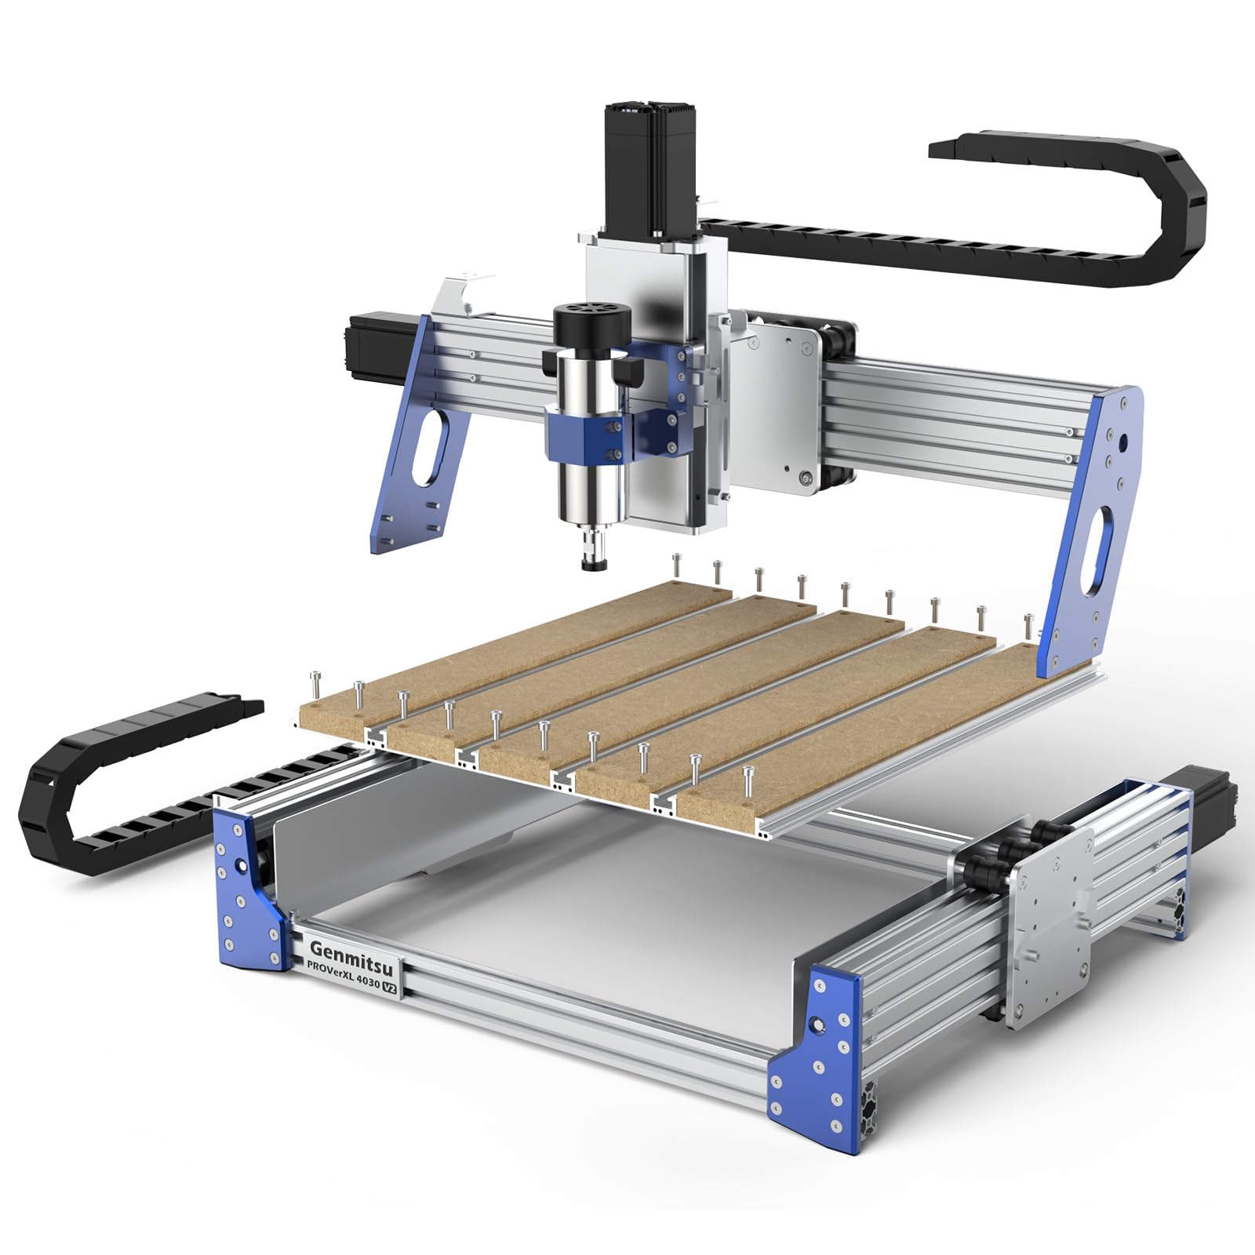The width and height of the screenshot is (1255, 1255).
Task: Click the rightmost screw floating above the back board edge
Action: pyautogui.click(x=1028, y=624)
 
